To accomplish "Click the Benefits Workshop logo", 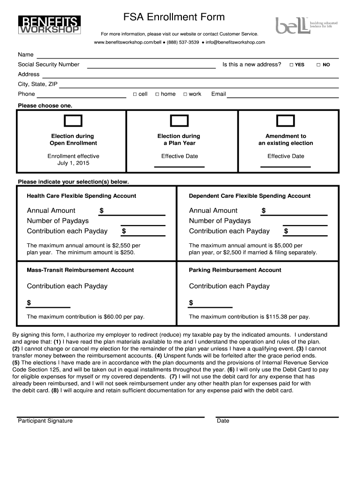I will [49, 25].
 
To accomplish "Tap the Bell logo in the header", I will [306, 25].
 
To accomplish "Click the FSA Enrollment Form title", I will [174, 17].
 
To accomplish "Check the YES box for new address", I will [291, 65].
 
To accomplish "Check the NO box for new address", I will [318, 65].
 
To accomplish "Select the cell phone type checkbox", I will [135, 94].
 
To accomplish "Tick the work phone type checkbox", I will [185, 94].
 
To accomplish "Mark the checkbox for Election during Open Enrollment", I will [73, 121].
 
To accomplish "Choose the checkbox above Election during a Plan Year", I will [179, 121].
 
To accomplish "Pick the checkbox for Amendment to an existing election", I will [285, 121].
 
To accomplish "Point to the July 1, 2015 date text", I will [73, 163].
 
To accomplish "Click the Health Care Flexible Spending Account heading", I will [81, 196].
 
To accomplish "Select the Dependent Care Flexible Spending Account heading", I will [250, 196].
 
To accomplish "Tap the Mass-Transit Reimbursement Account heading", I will [80, 270].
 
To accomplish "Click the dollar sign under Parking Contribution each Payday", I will [191, 303].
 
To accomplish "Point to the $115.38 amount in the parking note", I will [276, 317].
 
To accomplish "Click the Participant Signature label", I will [45, 421].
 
